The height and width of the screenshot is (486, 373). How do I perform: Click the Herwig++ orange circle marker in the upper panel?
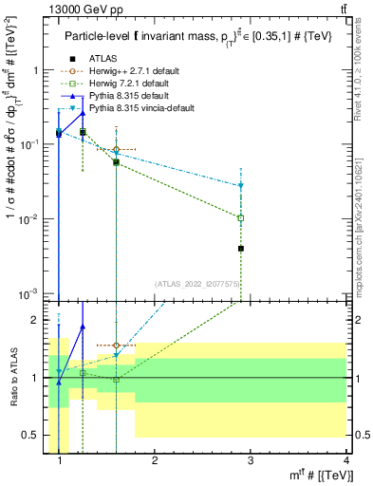(116, 150)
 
